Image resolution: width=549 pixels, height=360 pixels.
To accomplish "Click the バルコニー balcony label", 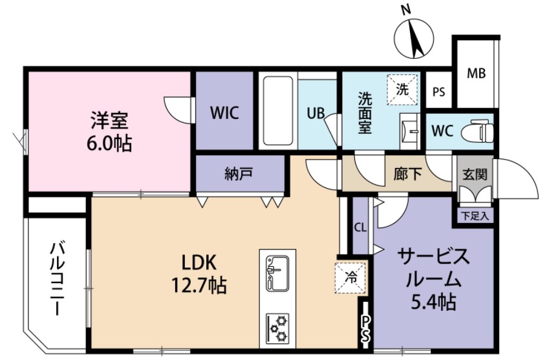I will pyautogui.click(x=57, y=279).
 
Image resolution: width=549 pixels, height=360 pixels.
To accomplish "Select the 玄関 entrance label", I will pyautogui.click(x=475, y=175).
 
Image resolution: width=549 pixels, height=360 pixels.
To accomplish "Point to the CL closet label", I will pyautogui.click(x=360, y=227).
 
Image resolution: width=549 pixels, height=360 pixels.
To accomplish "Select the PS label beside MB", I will pyautogui.click(x=438, y=92).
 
